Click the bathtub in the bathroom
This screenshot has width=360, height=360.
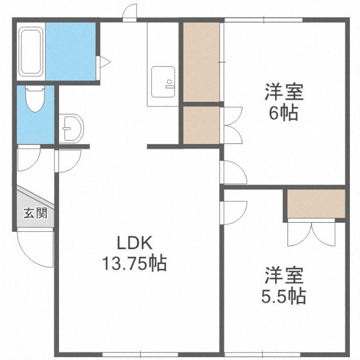31,51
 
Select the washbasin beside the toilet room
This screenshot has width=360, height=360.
71,128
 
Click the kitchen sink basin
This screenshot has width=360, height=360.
163,82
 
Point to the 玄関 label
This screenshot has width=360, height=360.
35,213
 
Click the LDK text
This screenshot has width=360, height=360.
134,243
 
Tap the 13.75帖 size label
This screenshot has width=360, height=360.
134,263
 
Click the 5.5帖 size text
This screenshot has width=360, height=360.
283,296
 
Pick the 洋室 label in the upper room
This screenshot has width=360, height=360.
284,92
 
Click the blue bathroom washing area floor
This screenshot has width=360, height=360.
71,51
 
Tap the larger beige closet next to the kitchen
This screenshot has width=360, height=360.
201,62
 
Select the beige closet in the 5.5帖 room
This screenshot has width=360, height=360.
316,204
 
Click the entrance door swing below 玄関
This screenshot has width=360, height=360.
35,249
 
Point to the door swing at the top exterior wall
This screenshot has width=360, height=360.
130,12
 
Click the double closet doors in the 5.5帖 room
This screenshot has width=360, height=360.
312,232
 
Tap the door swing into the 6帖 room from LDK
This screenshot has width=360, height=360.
234,172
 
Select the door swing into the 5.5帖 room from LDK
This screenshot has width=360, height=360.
234,213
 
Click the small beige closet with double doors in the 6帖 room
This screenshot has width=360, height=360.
201,125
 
